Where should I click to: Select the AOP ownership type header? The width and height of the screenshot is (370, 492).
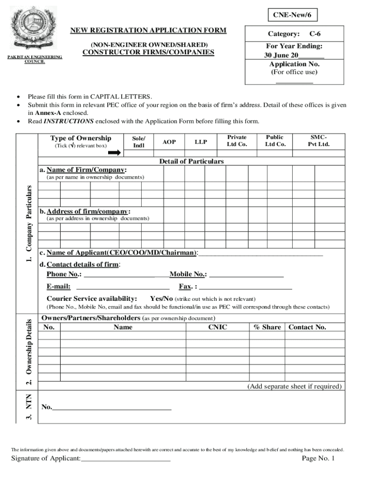[x=169, y=142]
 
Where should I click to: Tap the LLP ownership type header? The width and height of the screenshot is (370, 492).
[x=201, y=142]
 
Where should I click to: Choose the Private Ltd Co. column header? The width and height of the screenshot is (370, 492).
[x=237, y=141]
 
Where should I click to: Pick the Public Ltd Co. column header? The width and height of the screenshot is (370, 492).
[x=275, y=141]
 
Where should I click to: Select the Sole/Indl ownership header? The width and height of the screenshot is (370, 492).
[x=139, y=142]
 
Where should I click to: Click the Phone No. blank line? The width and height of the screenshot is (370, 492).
[x=126, y=277]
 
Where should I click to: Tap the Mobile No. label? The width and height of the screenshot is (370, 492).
[x=188, y=274]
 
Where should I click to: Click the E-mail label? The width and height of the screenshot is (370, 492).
[x=59, y=287]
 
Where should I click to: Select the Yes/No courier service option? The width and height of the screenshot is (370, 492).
[x=161, y=298]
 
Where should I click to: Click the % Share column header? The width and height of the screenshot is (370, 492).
[x=267, y=327]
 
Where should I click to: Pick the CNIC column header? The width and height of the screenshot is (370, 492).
[x=217, y=327]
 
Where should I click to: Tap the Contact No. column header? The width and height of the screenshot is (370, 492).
[x=307, y=327]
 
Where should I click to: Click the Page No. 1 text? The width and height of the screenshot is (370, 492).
[x=318, y=459]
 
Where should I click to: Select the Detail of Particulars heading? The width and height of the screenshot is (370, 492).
[x=191, y=161]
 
